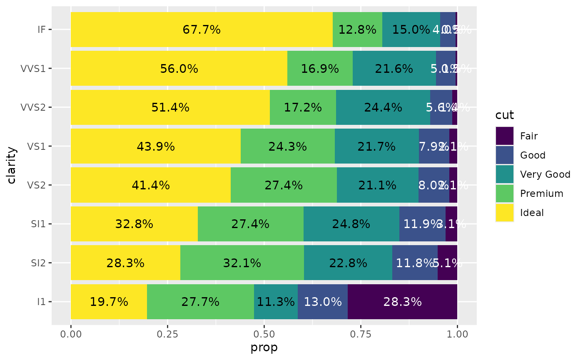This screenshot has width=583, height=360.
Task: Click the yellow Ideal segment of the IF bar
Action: pyautogui.click(x=202, y=30)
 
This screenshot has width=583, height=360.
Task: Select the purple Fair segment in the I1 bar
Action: pyautogui.click(x=402, y=302)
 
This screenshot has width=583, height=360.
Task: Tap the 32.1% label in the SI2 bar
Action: pyautogui.click(x=242, y=263)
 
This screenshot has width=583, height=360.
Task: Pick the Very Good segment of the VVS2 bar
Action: pyautogui.click(x=383, y=107)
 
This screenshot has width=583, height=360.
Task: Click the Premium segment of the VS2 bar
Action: pyautogui.click(x=284, y=185)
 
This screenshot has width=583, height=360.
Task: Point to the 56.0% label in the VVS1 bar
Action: pyautogui.click(x=179, y=69)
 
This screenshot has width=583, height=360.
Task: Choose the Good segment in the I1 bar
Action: pyautogui.click(x=323, y=302)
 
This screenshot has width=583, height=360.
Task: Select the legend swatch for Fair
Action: pyautogui.click(x=504, y=136)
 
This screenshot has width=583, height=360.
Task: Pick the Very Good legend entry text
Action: pyautogui.click(x=545, y=174)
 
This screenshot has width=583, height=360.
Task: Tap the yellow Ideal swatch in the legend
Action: pyautogui.click(x=504, y=213)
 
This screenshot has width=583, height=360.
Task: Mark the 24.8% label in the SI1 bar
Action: pyautogui.click(x=351, y=224)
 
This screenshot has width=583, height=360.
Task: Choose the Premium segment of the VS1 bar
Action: pyautogui.click(x=288, y=146)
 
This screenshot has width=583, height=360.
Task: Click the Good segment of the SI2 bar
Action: pyautogui.click(x=415, y=263)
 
